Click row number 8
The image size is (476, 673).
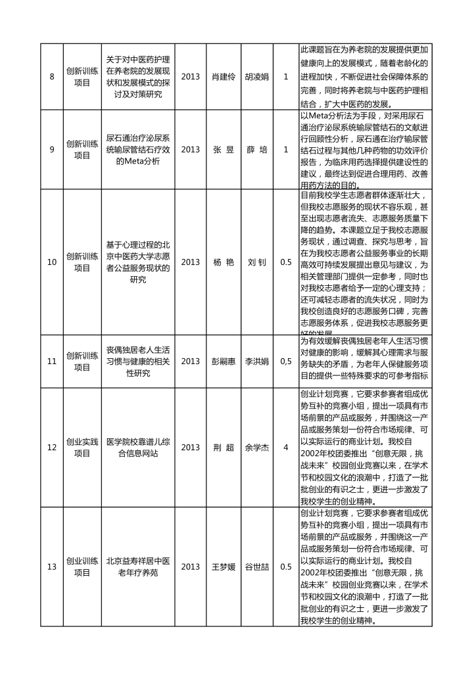pyautogui.click(x=52, y=77)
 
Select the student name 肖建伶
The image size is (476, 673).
pyautogui.click(x=224, y=77)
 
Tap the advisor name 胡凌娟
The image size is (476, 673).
pyautogui.click(x=256, y=77)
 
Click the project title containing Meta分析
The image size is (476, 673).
pyautogui.click(x=138, y=149)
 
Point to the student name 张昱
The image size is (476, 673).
pyautogui.click(x=224, y=149)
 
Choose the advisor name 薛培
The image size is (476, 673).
pyautogui.click(x=256, y=149)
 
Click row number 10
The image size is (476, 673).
pyautogui.click(x=52, y=262)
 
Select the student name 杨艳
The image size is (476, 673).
pyautogui.click(x=224, y=262)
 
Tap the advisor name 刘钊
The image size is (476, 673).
pyautogui.click(x=256, y=262)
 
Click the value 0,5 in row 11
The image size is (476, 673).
pyautogui.click(x=286, y=361)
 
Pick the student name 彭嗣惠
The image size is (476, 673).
pyautogui.click(x=224, y=361)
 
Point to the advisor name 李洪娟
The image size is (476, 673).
pyautogui.click(x=256, y=361)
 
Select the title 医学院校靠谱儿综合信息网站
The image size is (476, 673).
pyautogui.click(x=138, y=447)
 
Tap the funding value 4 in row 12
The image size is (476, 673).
pyautogui.click(x=286, y=447)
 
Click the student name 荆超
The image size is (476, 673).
pyautogui.click(x=224, y=447)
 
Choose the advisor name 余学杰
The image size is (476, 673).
pyautogui.click(x=256, y=447)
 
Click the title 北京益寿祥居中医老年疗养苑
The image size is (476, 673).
pyautogui.click(x=138, y=567)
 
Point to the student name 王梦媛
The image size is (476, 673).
pyautogui.click(x=224, y=567)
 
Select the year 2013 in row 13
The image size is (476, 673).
pyautogui.click(x=190, y=567)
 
